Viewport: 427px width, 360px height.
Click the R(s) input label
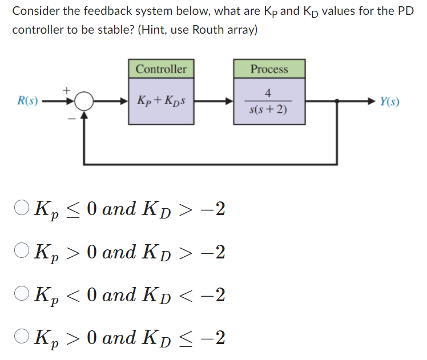tap(27, 102)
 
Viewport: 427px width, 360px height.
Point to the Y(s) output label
tap(389, 102)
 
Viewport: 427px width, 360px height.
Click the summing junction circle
tap(84, 102)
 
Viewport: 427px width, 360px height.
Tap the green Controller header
tap(161, 69)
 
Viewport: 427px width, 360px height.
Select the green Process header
tap(269, 69)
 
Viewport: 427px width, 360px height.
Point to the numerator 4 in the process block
tap(268, 94)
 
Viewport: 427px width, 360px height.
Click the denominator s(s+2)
tap(269, 110)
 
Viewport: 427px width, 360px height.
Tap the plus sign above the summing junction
tap(66, 90)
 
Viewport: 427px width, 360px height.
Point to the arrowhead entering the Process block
tap(230, 102)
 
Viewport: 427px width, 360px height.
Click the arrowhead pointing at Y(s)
tap(372, 102)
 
